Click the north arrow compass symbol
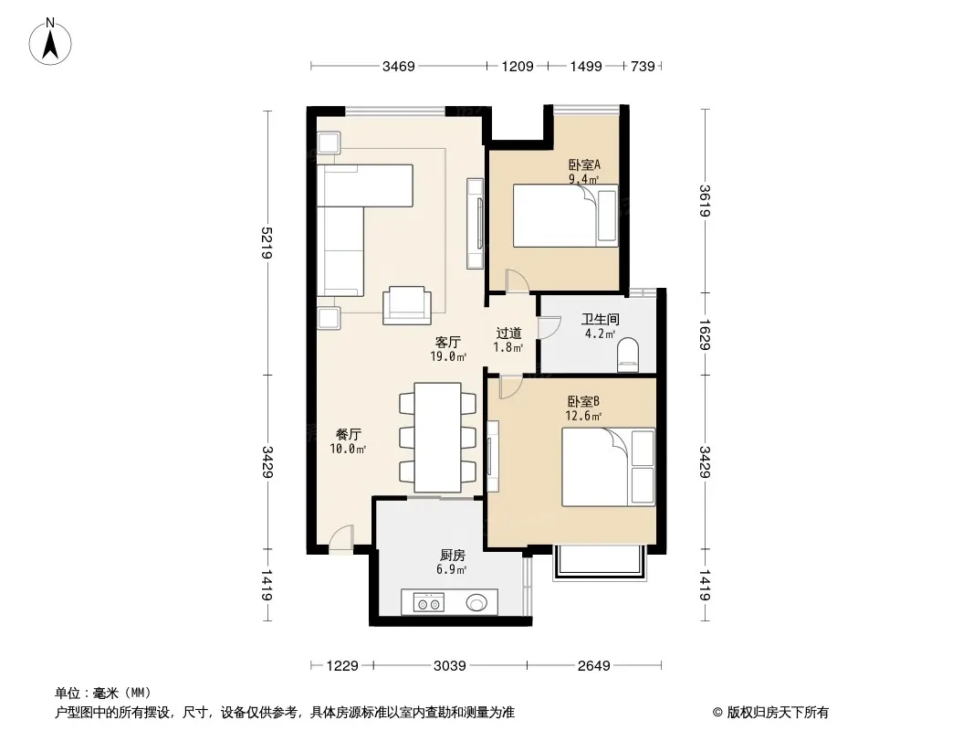pos(50,41)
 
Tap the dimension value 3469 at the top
pos(398,66)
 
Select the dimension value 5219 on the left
pos(267,243)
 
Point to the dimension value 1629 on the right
pos(705,334)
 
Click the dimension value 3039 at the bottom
pos(450,666)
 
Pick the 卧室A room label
pos(584,165)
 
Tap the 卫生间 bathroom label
pos(600,320)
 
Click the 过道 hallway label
pos(508,334)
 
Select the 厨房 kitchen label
pos(453,556)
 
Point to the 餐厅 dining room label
pos(348,435)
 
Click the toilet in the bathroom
pos(628,355)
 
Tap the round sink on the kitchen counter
pos(476,602)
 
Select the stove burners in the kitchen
pos(429,603)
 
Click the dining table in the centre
pos(437,438)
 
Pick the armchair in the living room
pos(407,305)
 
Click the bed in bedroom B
pos(608,466)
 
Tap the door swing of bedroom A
pos(517,281)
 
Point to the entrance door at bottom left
pos(341,538)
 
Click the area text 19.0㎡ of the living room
pos(448,356)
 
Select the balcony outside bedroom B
pos(600,563)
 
